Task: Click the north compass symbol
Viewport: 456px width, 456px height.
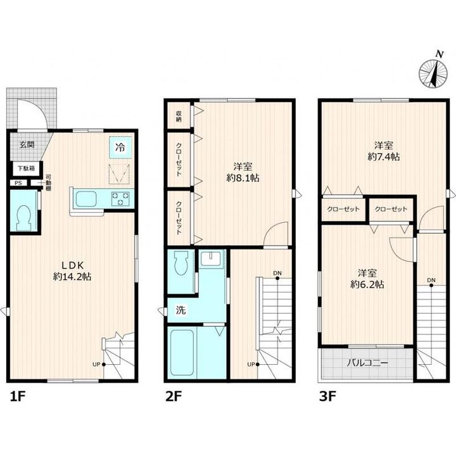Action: click(x=433, y=73)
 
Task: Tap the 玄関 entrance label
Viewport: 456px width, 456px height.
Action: click(x=27, y=144)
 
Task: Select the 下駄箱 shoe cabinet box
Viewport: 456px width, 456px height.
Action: click(x=27, y=168)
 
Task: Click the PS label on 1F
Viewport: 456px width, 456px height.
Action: click(x=18, y=183)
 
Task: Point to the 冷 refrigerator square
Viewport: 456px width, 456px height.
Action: click(x=120, y=147)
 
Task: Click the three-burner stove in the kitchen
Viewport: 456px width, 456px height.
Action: click(x=120, y=199)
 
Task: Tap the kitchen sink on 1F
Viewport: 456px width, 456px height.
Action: click(x=86, y=199)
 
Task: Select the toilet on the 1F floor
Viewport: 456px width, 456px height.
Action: click(x=24, y=218)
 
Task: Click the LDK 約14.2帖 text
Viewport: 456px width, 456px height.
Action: click(x=72, y=271)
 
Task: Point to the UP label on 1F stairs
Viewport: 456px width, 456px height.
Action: click(x=96, y=364)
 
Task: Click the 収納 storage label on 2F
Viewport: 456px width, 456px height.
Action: click(x=179, y=116)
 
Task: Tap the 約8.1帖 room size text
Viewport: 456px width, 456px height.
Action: click(x=243, y=178)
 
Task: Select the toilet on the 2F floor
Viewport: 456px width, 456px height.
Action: click(x=181, y=263)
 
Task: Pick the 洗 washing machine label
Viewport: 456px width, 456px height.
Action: click(x=181, y=310)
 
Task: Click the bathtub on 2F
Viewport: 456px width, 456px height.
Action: click(x=182, y=352)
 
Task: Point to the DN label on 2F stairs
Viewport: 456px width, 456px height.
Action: click(x=277, y=273)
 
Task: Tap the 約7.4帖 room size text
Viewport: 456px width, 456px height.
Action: click(x=384, y=157)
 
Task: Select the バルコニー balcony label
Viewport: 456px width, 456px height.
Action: click(x=367, y=363)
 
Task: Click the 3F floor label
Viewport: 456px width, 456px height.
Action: click(x=327, y=396)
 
